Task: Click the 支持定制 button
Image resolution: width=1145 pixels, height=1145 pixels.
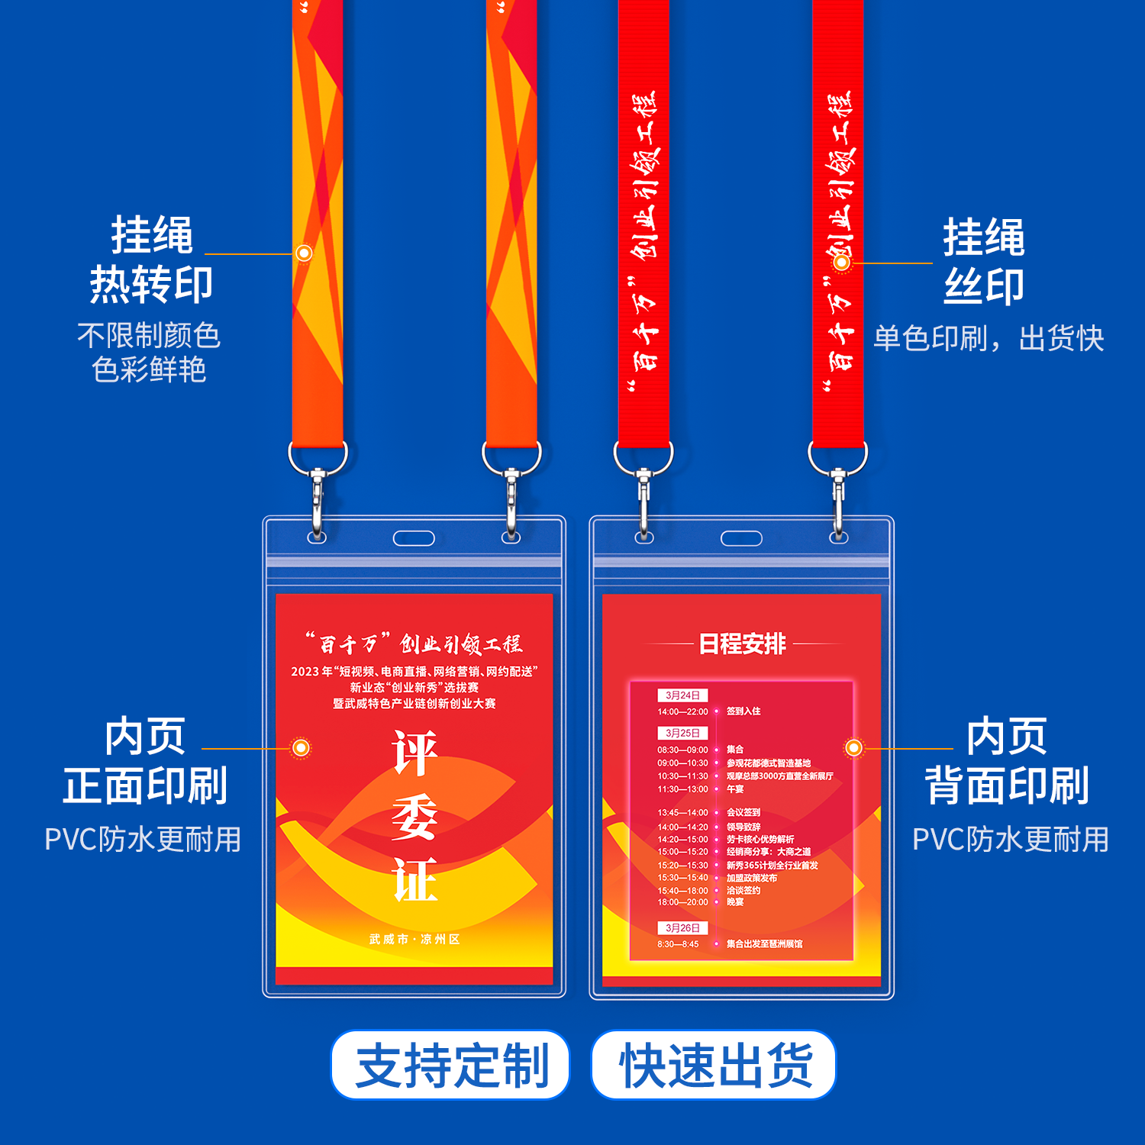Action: pos(450,1065)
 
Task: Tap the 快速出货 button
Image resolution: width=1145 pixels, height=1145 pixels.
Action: pos(714,1065)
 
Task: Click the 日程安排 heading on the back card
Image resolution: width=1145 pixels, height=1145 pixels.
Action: pos(742,644)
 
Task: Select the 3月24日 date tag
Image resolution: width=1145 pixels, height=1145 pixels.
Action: pos(682,695)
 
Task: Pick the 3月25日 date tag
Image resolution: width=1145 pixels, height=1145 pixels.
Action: pos(682,733)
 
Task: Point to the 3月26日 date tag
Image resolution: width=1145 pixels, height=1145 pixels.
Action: pos(682,928)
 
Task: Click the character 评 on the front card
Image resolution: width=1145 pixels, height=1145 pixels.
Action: pos(414,753)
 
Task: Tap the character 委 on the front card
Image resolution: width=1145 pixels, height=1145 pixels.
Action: pos(414,817)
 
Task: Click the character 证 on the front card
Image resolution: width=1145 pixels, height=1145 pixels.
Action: pos(414,879)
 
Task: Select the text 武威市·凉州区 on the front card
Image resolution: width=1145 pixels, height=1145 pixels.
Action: pos(414,940)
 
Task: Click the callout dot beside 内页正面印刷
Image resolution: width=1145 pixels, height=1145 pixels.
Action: pos(302,748)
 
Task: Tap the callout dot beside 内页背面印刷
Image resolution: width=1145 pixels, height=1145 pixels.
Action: pos(853,748)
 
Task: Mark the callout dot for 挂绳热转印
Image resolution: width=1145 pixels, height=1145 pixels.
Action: pos(304,253)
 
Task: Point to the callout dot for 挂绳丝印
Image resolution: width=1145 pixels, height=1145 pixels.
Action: pos(842,263)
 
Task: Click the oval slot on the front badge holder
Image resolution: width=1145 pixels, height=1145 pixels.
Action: pos(414,539)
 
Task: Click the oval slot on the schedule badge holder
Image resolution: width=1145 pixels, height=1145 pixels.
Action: pos(741,539)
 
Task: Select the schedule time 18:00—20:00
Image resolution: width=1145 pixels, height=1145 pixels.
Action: pos(682,902)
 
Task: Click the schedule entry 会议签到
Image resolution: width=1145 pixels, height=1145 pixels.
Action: pos(743,813)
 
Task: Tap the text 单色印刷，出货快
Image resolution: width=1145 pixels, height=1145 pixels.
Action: pos(989,338)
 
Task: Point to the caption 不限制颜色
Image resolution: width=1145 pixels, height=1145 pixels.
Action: pos(149,335)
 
